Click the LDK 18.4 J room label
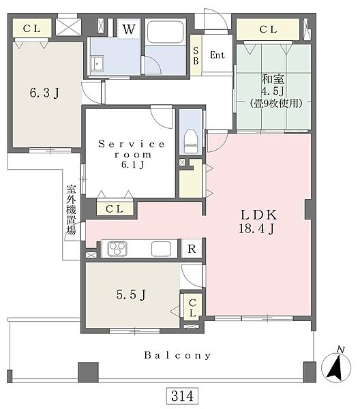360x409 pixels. point(258,222)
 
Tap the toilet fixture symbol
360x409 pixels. point(190,141)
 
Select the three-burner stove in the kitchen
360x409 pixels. point(118,249)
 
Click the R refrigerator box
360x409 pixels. point(192,249)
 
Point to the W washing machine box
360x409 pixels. point(129,29)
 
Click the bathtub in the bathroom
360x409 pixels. point(165,32)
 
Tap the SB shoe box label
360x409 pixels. point(196,55)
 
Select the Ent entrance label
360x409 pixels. point(217,55)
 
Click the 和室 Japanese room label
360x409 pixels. point(273,79)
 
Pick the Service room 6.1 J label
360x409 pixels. point(132,154)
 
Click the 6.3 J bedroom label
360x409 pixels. point(44,93)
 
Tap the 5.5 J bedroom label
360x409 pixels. point(131,294)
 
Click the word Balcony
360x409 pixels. point(177,355)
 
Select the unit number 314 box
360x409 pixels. point(182,396)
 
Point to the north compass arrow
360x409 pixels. point(335,367)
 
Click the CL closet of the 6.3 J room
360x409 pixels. point(32,28)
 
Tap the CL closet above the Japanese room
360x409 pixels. point(268,29)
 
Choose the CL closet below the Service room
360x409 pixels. point(115,209)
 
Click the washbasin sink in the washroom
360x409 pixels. point(97,63)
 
